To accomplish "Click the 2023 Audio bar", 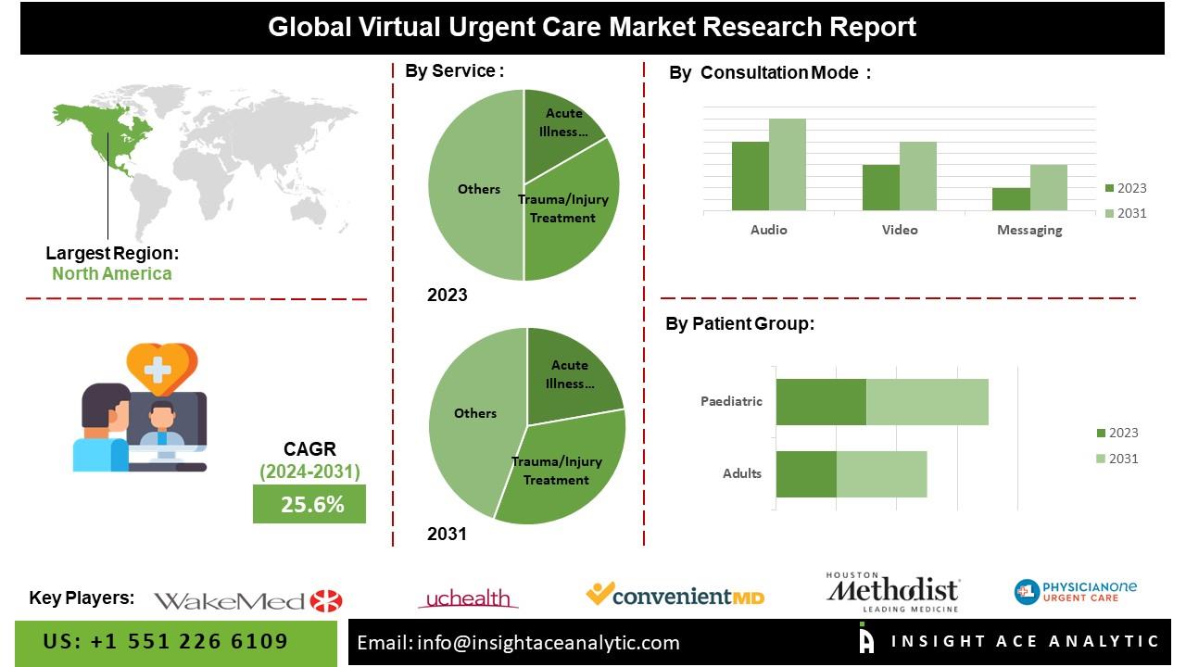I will [750, 176].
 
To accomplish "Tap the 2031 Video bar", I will [917, 176].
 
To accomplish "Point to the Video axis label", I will [900, 230].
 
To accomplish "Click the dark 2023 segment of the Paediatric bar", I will [821, 402].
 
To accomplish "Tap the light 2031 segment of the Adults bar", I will [881, 474].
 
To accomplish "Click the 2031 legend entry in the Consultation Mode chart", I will [1126, 213].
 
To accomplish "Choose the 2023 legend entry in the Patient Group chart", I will [1117, 433].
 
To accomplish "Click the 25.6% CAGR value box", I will [309, 504].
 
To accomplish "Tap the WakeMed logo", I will [247, 601].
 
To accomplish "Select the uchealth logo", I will [468, 599].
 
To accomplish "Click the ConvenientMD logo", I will [675, 595].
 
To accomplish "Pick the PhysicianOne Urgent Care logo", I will [1075, 591].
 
